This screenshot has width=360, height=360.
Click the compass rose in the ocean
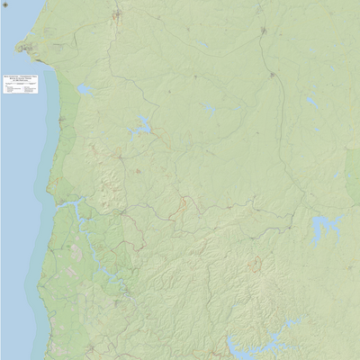click(4, 4)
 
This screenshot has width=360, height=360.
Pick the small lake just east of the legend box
click(84, 90)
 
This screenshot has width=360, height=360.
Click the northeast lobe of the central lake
click(144, 121)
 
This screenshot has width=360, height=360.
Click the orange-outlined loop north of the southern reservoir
click(255, 265)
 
